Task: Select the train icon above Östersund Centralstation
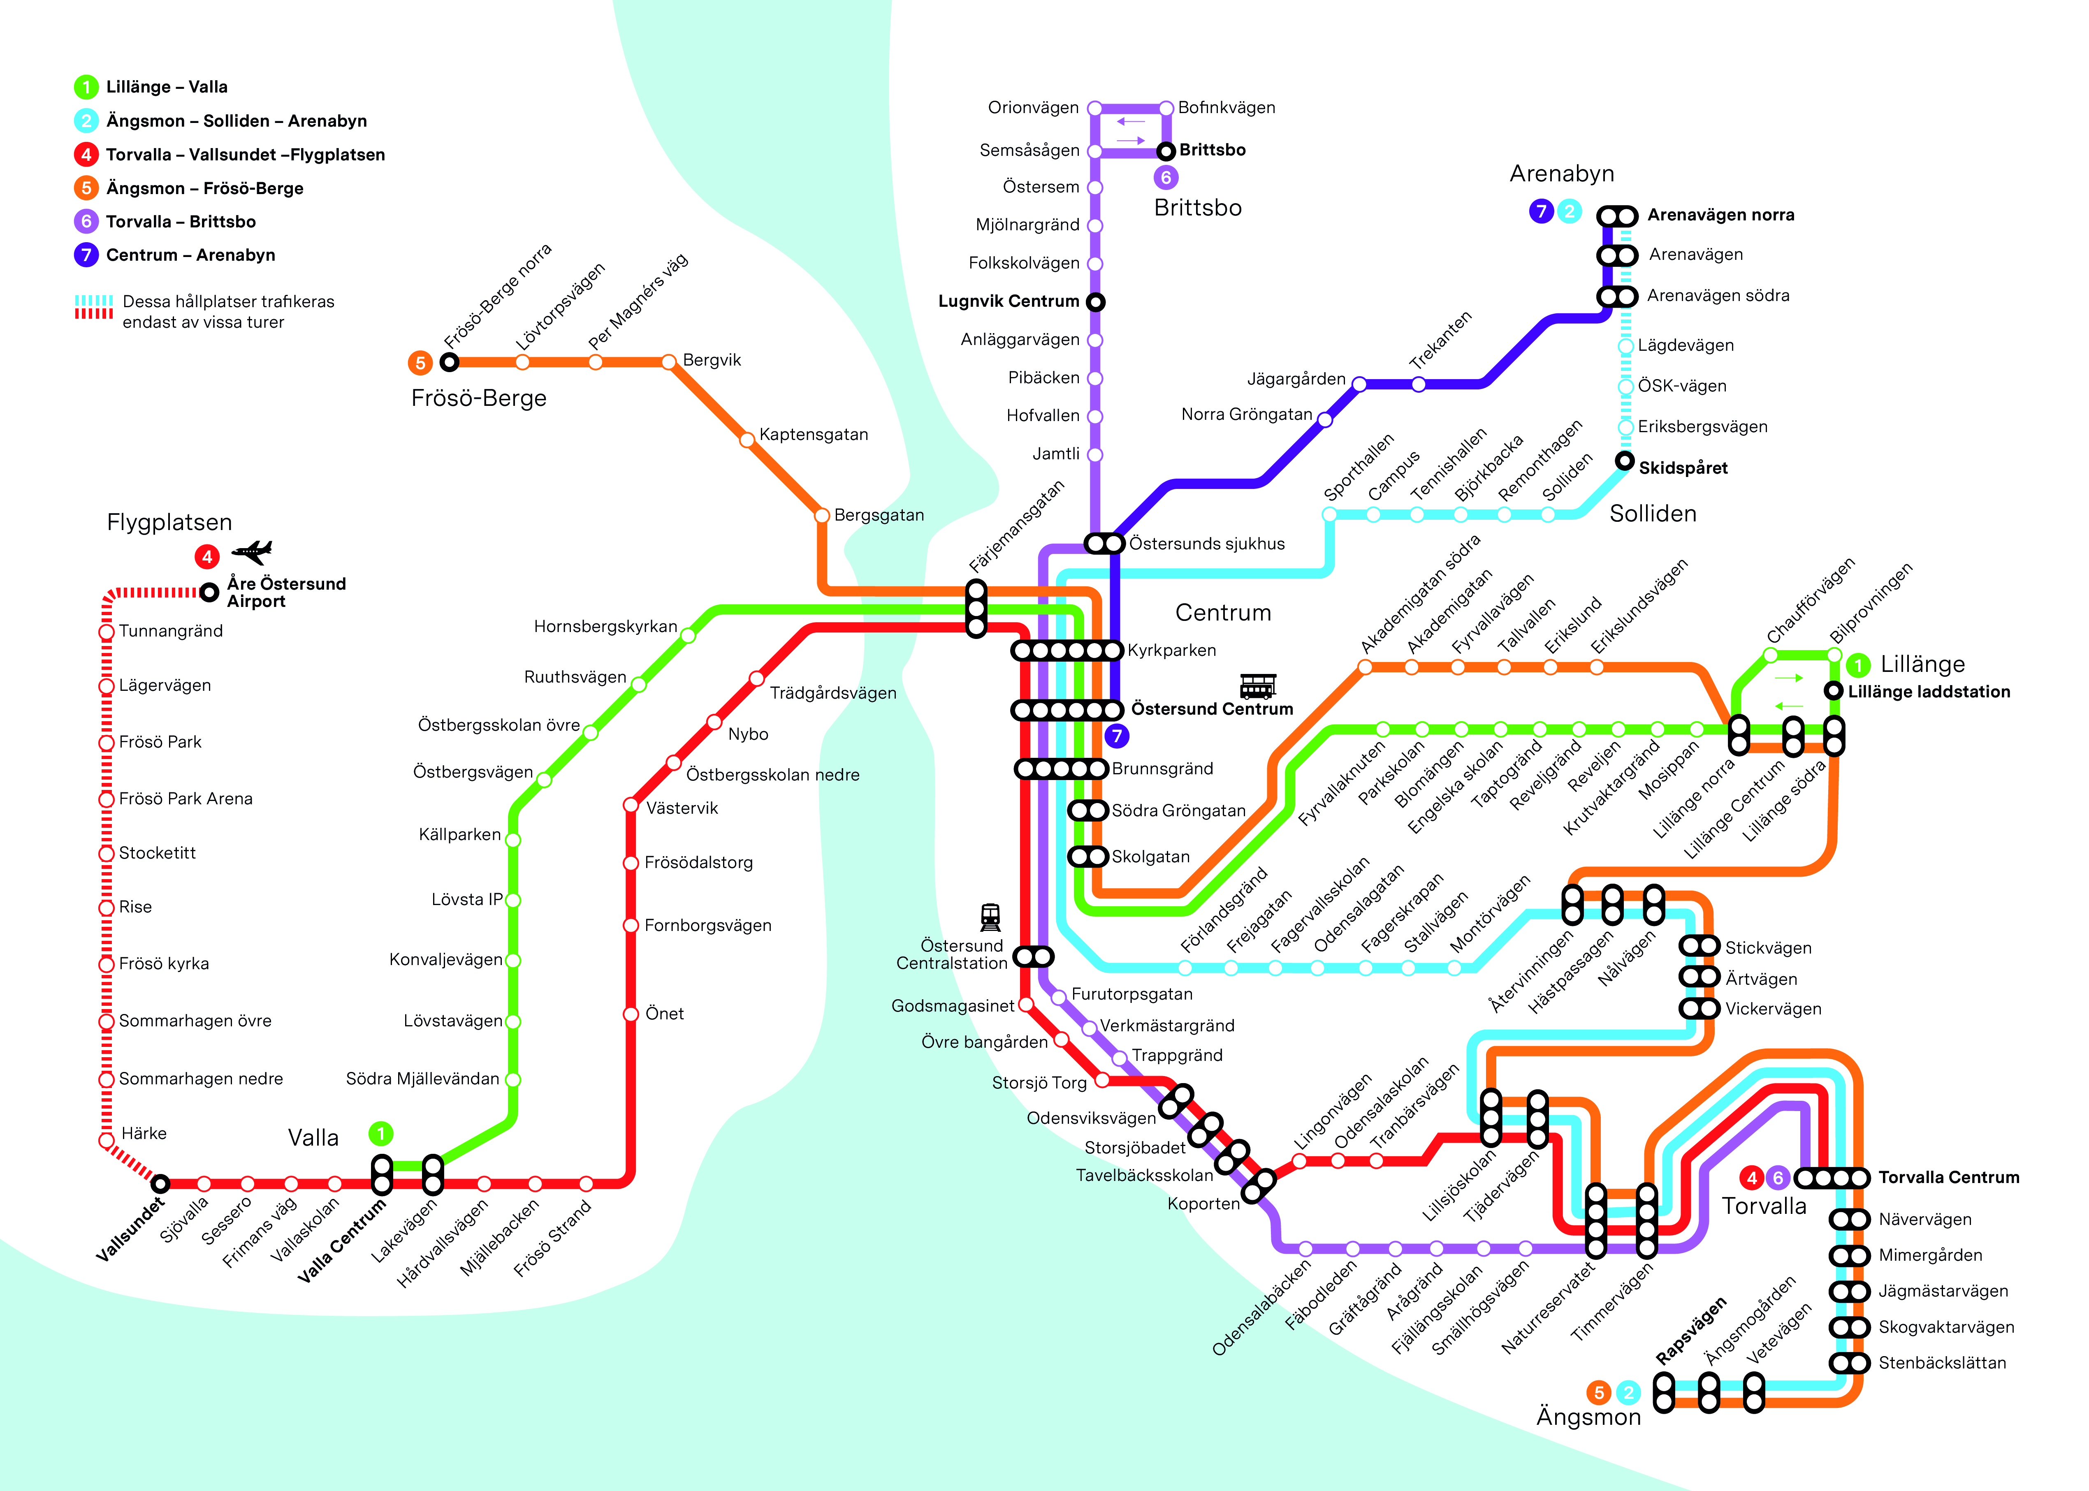click(x=990, y=916)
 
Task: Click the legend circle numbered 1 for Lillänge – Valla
click(x=86, y=87)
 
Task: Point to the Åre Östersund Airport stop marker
click(x=209, y=592)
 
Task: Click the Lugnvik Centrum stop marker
click(x=1095, y=302)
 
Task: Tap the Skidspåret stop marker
click(x=1625, y=461)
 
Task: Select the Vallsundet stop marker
click(x=161, y=1183)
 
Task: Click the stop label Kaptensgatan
click(x=814, y=434)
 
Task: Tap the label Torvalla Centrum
click(x=1948, y=1177)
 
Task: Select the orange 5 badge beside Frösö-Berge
click(x=420, y=363)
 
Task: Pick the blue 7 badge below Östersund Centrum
click(x=1117, y=735)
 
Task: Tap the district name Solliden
click(x=1653, y=513)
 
